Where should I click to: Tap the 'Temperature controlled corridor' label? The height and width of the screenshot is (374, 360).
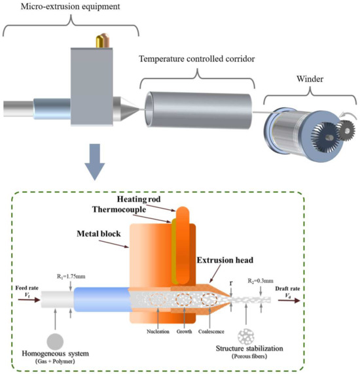(196, 58)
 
